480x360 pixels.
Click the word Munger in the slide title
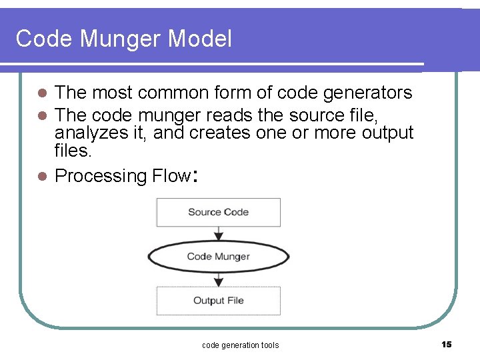(x=123, y=39)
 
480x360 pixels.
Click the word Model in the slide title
(x=200, y=39)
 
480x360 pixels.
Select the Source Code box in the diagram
(x=218, y=212)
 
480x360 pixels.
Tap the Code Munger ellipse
(x=218, y=257)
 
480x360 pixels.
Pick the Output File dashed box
(x=218, y=301)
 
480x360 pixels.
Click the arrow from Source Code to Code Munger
(x=218, y=233)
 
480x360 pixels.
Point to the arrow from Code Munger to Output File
(x=218, y=279)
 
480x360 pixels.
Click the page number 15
(x=446, y=344)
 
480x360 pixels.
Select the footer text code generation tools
(x=240, y=345)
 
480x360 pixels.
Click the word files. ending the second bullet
(x=73, y=151)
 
